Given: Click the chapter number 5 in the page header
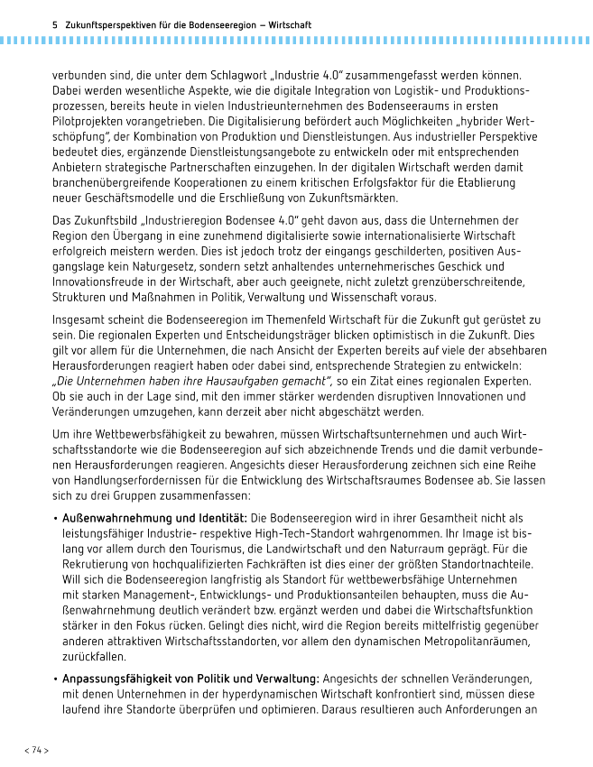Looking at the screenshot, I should click(x=56, y=25).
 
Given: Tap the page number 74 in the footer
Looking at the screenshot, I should click(x=37, y=750).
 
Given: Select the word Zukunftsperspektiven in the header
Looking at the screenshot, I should click(x=104, y=25).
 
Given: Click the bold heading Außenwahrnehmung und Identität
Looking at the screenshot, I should click(x=155, y=518).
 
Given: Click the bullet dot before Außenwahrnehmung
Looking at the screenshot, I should click(x=56, y=519).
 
